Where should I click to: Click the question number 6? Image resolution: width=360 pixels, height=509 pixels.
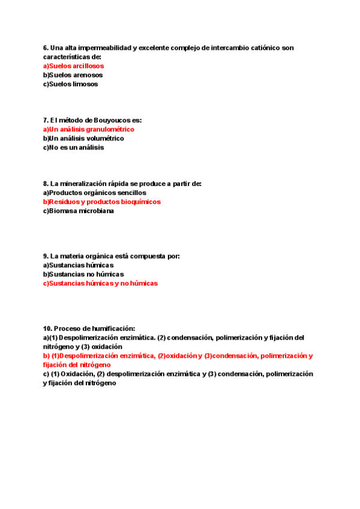[46, 47]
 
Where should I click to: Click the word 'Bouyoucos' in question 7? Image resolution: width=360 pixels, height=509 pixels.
[112, 120]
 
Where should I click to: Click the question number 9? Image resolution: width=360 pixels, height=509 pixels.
[46, 256]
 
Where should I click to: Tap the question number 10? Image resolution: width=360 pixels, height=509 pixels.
[47, 328]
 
